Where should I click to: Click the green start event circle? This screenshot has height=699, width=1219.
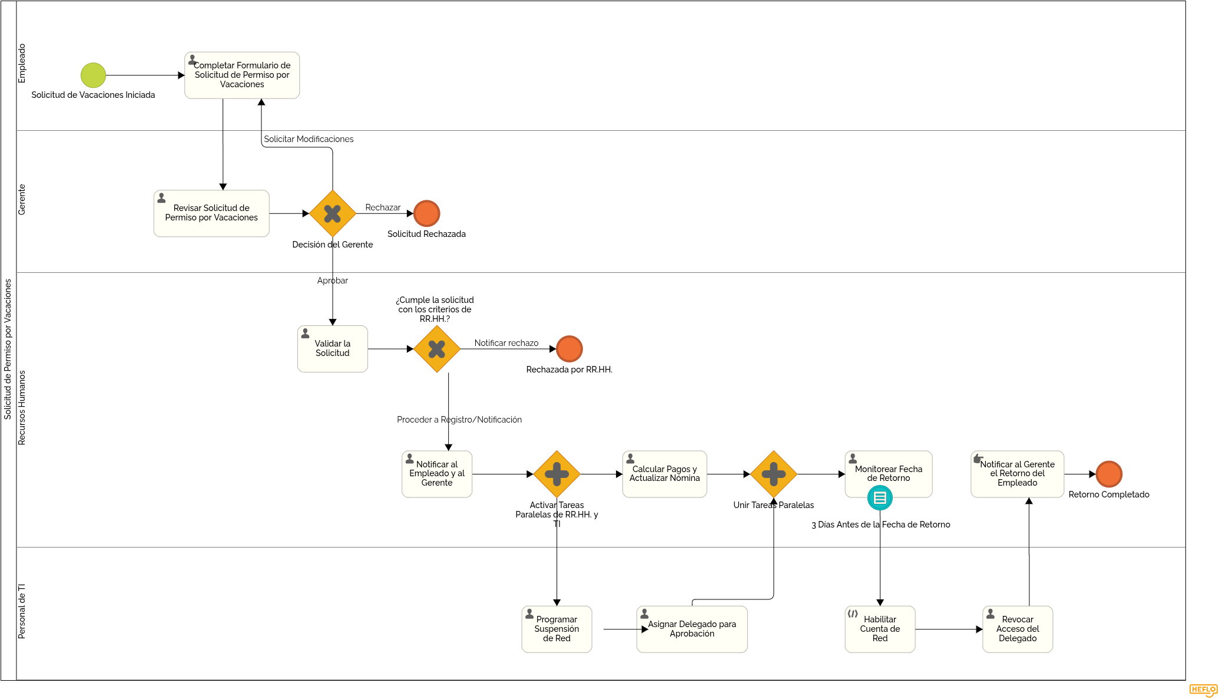tap(93, 75)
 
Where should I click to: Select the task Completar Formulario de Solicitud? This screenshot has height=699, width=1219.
tap(242, 75)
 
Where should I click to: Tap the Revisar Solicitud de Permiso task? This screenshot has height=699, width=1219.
tap(211, 213)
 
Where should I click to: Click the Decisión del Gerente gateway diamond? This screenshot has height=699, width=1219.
tap(333, 213)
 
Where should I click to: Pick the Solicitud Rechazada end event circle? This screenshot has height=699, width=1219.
tap(427, 213)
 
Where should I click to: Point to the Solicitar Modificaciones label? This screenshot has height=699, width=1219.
tap(309, 139)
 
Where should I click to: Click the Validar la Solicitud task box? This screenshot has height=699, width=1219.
tap(333, 349)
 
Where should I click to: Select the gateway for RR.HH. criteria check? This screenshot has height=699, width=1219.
tap(437, 349)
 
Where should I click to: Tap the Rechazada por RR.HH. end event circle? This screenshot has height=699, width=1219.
tap(569, 349)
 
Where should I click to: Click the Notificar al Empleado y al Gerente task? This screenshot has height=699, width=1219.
tap(437, 474)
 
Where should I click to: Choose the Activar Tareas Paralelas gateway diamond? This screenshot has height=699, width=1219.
tap(557, 474)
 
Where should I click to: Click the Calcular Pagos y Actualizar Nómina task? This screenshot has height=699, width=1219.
tap(665, 474)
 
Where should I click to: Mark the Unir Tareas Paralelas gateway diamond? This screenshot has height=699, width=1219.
tap(774, 474)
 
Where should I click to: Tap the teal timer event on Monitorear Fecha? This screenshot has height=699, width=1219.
tap(880, 498)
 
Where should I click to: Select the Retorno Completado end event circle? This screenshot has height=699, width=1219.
tap(1109, 474)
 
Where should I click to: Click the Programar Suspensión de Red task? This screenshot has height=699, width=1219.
tap(557, 629)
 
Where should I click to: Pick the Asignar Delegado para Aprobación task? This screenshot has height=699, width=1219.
tap(692, 629)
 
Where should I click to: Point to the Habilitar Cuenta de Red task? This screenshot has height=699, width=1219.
tap(880, 629)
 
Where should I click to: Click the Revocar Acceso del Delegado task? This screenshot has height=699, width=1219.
tap(1018, 629)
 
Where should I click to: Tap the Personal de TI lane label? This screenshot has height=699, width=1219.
tap(22, 611)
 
